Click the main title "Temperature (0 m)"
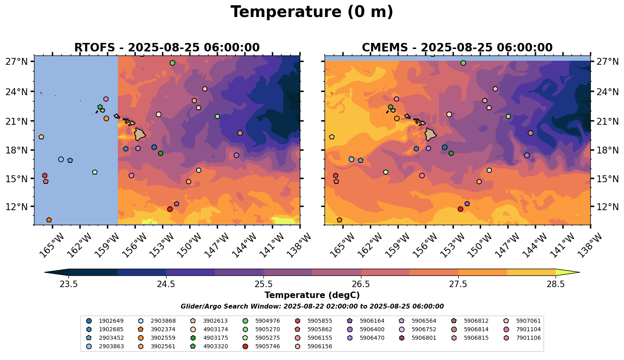coord(312,12)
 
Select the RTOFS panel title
coord(167,48)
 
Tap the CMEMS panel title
coord(457,48)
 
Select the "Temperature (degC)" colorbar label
coord(312,295)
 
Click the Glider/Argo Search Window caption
coord(312,307)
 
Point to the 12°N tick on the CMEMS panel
coord(608,207)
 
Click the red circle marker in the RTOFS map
coord(170,209)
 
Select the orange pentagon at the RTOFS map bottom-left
coord(49,220)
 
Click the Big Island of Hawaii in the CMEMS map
coord(431,134)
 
